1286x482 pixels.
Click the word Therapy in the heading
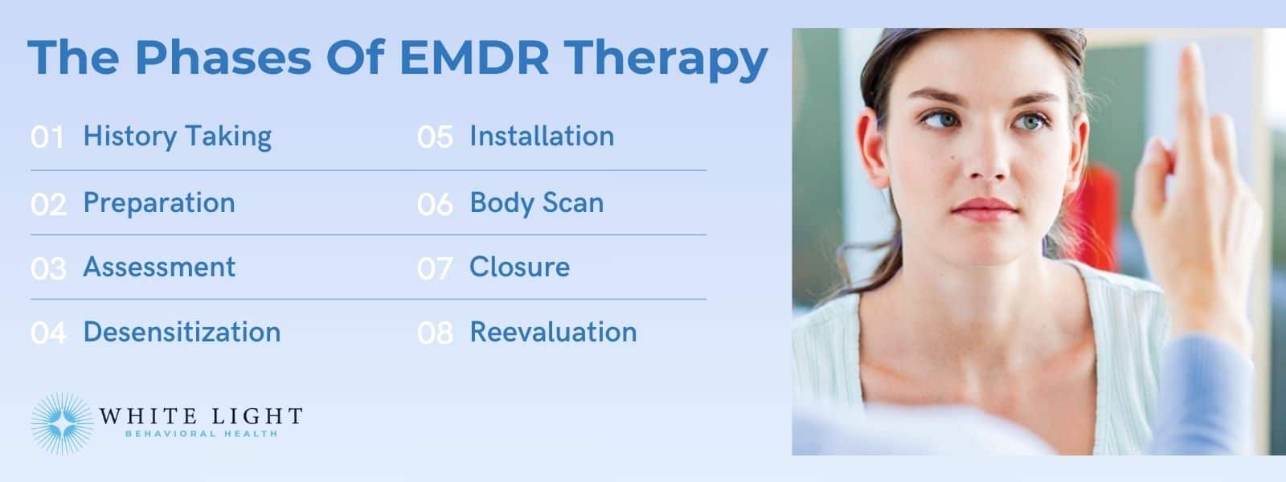click(666, 59)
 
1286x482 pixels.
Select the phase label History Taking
click(178, 137)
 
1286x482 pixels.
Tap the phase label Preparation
click(159, 202)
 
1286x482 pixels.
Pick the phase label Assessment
click(159, 267)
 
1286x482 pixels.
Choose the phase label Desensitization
click(182, 332)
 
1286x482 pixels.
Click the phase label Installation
click(542, 137)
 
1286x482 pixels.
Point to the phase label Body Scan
click(536, 202)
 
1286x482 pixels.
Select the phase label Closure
click(519, 267)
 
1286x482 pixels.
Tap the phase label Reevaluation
click(553, 332)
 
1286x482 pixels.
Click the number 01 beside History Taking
click(47, 137)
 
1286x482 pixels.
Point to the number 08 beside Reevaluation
click(435, 333)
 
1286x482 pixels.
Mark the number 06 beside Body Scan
click(435, 204)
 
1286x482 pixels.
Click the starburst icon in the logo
click(62, 423)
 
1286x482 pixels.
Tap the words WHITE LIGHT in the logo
click(201, 416)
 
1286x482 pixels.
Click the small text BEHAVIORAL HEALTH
click(201, 434)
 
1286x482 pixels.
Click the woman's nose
click(985, 165)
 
